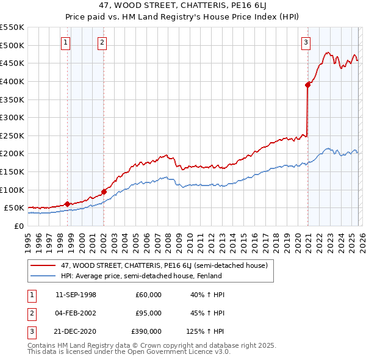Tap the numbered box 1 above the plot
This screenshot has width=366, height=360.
(65, 42)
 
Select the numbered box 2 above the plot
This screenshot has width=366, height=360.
(102, 42)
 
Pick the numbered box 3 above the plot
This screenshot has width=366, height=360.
(305, 42)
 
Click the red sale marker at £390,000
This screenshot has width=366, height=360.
(307, 85)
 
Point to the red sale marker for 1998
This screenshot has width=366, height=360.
(67, 204)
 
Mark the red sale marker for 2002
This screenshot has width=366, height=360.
(104, 192)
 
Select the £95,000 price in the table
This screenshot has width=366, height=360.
(148, 313)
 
